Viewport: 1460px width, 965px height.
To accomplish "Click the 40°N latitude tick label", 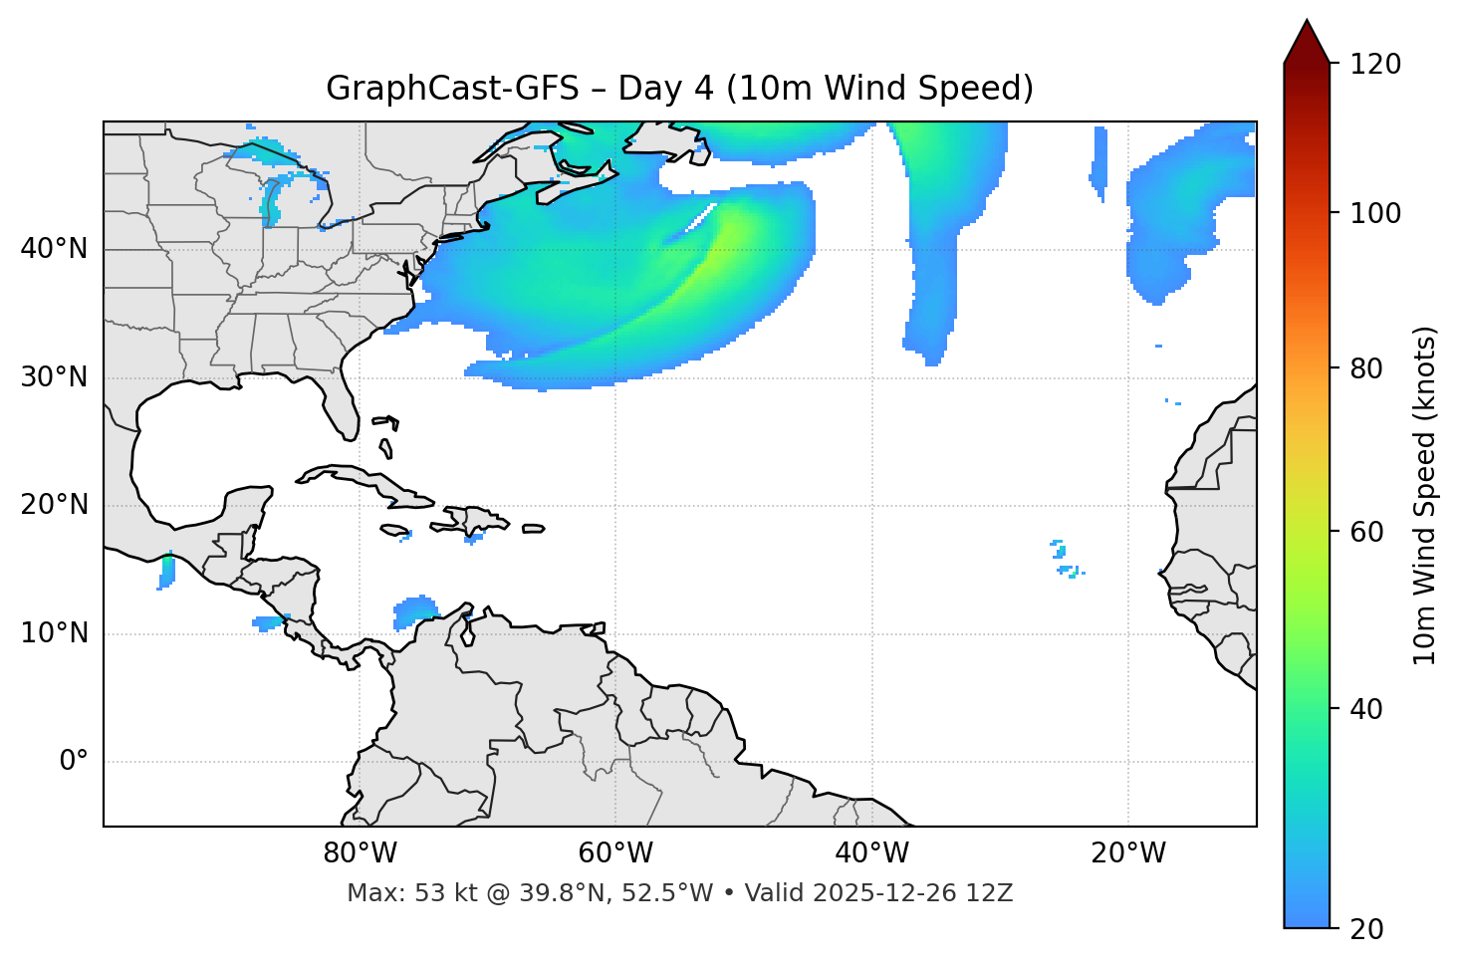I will click(x=54, y=249).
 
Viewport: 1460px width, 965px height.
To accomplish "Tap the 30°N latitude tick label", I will click(x=54, y=377).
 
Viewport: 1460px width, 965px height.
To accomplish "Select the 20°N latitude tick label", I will click(x=54, y=505).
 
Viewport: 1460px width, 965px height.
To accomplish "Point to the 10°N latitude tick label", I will click(x=54, y=633).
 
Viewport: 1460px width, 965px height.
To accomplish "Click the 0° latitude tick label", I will click(x=73, y=762).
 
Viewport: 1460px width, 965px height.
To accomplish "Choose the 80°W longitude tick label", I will click(x=360, y=853).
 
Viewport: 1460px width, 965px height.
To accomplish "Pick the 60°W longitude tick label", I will click(x=615, y=853).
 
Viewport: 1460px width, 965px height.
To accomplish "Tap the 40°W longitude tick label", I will click(x=871, y=853).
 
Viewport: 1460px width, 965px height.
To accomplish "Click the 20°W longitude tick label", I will click(x=1128, y=853).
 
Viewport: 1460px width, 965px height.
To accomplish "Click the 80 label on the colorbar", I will click(x=1372, y=368).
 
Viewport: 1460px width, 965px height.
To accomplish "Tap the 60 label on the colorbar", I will click(x=1372, y=532).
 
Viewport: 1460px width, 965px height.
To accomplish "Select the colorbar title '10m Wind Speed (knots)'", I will click(x=1425, y=496).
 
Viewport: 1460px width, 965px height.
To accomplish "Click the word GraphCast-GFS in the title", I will click(x=452, y=89).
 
